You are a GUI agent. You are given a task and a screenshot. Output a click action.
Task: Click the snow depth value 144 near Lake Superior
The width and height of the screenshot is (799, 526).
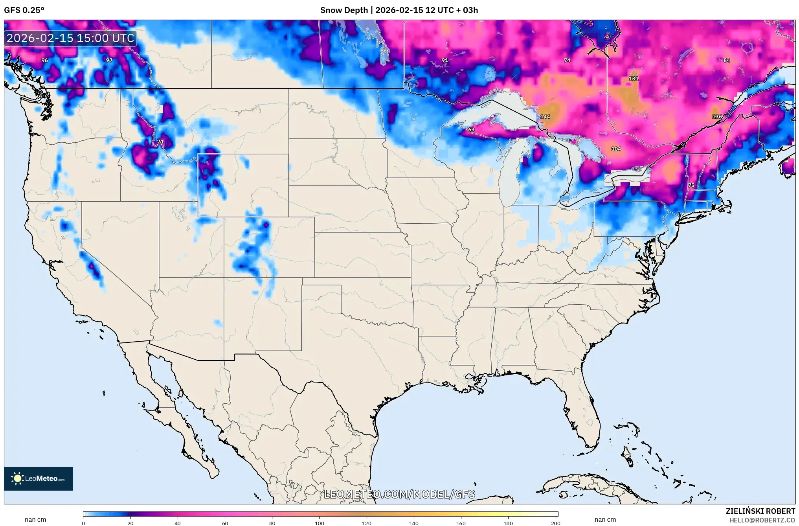[545, 116]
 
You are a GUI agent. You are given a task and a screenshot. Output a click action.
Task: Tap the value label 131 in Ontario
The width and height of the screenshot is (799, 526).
[633, 78]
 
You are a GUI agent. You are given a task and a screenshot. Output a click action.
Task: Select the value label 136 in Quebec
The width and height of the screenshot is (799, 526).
[716, 116]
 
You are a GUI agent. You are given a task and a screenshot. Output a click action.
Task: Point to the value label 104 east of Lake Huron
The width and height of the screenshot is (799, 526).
[616, 149]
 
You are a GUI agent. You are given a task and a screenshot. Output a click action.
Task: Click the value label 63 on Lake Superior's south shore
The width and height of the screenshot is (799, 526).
[471, 129]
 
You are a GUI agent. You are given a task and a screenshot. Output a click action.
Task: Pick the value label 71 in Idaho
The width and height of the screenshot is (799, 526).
[160, 142]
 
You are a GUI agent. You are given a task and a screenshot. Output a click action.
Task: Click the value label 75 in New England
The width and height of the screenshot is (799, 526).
[691, 185]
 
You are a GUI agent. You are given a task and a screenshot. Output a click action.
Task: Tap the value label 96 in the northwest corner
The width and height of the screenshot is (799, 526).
[45, 60]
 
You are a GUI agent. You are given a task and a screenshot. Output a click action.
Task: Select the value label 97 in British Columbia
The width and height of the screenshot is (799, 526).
[109, 60]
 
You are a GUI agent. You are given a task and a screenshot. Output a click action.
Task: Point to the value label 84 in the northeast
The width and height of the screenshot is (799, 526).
[726, 60]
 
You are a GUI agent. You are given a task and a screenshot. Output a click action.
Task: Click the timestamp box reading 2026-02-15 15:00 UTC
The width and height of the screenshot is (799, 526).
[71, 38]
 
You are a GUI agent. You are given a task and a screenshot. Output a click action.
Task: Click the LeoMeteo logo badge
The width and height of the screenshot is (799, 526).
[39, 478]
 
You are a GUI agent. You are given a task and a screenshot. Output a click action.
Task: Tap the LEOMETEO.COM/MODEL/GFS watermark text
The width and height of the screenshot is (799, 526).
[399, 494]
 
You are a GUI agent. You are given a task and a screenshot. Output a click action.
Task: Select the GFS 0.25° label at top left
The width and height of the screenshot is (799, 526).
[24, 10]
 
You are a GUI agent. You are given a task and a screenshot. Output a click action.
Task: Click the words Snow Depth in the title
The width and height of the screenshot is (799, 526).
[344, 10]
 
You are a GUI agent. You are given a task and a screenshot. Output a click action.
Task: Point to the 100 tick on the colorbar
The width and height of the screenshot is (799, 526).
[319, 523]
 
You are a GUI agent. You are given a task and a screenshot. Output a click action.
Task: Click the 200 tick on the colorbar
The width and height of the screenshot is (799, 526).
[555, 523]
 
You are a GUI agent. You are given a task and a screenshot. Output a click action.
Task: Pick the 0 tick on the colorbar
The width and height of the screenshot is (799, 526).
[83, 523]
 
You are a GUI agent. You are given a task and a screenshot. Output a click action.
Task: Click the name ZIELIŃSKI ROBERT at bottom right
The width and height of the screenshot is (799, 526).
[760, 511]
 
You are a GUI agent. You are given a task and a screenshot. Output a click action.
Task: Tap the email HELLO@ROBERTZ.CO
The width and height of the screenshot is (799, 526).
[762, 520]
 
